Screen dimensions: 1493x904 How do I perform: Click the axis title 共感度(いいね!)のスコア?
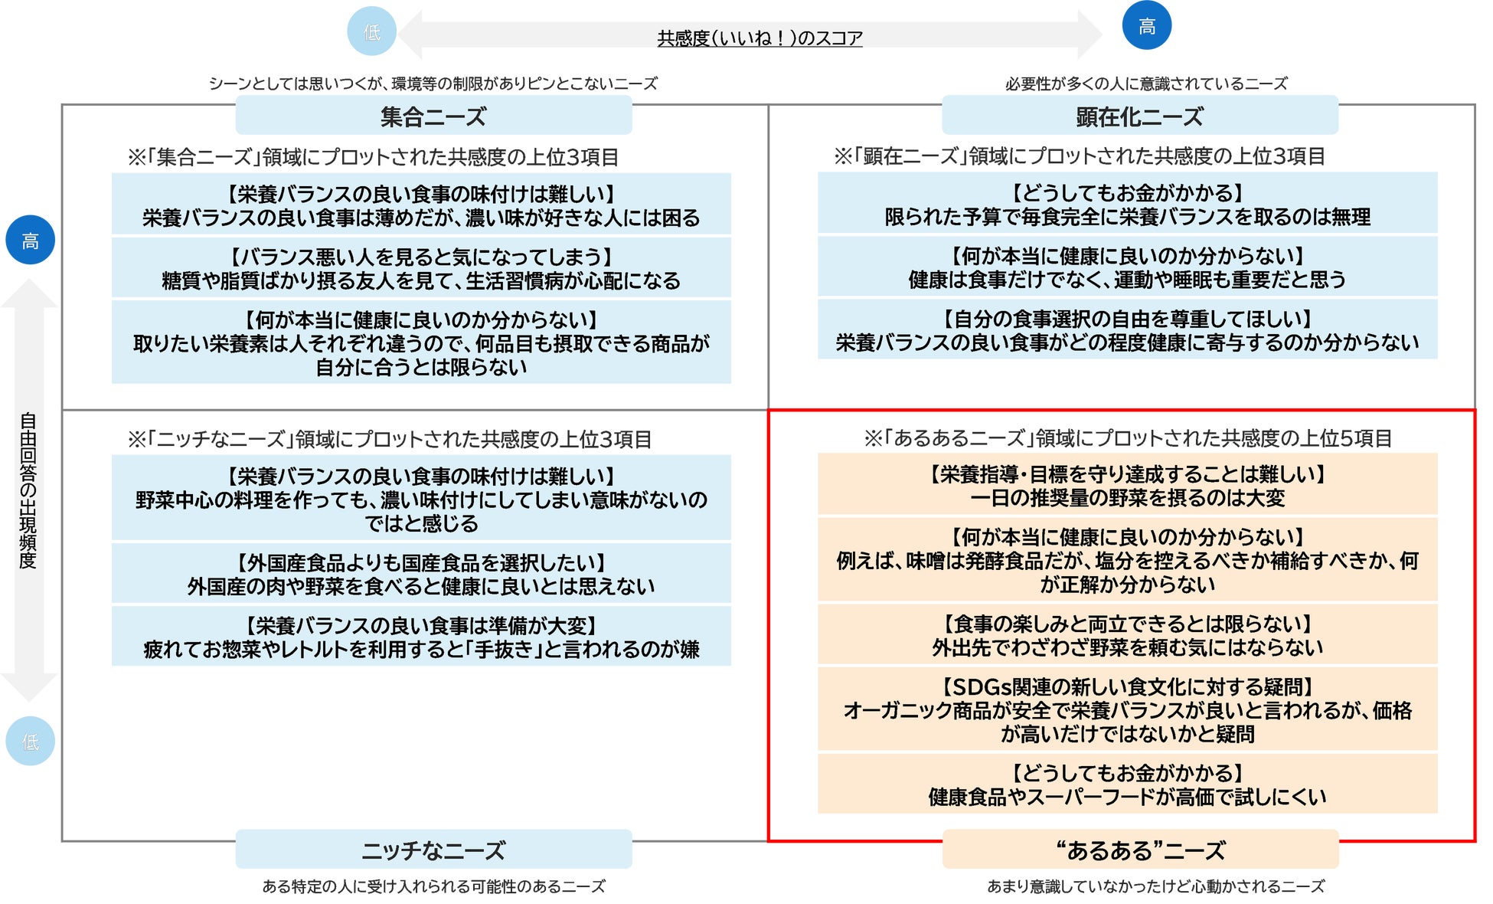tap(760, 38)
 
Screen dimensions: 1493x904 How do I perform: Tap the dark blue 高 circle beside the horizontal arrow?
tap(1146, 26)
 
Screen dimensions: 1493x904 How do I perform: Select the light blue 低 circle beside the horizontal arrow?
tap(371, 31)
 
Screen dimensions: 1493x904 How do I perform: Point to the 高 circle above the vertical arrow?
tap(30, 241)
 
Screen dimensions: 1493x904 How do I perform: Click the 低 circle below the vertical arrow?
tap(30, 741)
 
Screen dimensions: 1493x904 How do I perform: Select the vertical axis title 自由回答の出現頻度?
tap(28, 490)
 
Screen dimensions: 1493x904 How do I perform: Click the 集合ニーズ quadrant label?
tap(433, 116)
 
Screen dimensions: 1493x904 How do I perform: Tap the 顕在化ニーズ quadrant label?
tap(1139, 116)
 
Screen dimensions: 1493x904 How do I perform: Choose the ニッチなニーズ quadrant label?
tap(433, 850)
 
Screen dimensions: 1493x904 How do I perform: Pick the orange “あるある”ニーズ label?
tap(1139, 850)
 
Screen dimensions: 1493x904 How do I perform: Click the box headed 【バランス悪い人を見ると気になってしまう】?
tap(421, 267)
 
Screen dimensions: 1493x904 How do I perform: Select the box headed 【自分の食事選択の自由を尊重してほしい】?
tap(1127, 329)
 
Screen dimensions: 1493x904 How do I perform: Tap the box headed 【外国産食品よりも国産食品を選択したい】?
tap(421, 573)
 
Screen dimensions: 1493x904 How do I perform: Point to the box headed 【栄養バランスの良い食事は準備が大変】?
tap(421, 636)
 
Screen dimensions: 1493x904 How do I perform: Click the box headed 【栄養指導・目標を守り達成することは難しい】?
tap(1127, 484)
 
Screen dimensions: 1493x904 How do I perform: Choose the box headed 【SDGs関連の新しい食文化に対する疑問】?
tap(1127, 709)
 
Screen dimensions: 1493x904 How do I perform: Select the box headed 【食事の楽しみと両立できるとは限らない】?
tap(1127, 634)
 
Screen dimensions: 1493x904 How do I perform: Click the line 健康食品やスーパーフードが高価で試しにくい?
tap(1127, 798)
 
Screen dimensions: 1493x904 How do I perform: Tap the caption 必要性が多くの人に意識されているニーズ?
tap(1146, 84)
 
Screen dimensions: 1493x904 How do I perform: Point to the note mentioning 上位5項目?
tap(1127, 438)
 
